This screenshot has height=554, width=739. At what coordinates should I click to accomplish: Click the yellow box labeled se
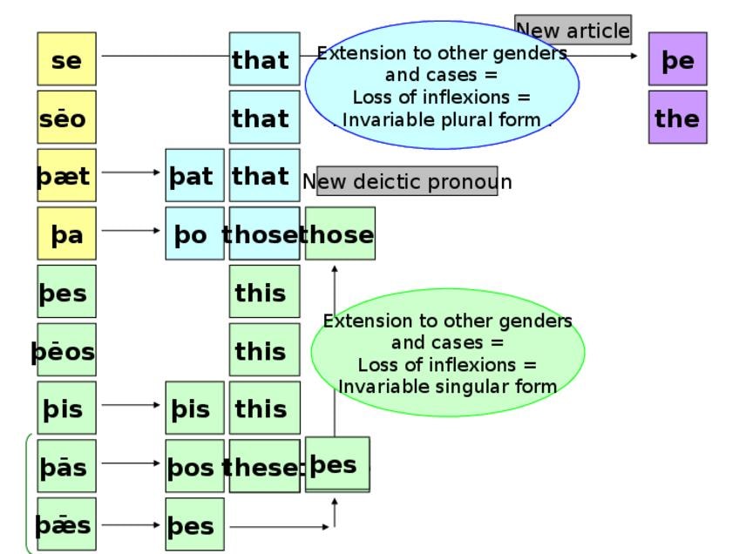[66, 59]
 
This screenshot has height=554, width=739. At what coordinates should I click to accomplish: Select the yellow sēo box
[66, 118]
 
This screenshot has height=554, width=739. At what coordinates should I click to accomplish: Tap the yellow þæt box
[66, 175]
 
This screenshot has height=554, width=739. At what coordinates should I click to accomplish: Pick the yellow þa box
[66, 233]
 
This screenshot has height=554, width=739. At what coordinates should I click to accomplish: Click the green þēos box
[66, 349]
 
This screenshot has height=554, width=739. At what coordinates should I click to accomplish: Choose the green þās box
[66, 466]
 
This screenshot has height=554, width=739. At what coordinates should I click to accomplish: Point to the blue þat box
[194, 175]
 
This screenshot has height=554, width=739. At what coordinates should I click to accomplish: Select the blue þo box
[194, 233]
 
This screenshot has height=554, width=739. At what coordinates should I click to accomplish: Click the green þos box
[194, 466]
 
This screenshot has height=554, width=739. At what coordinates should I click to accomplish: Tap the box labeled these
[264, 466]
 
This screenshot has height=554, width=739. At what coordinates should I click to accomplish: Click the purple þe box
[678, 59]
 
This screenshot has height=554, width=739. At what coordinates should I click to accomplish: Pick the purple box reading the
[678, 118]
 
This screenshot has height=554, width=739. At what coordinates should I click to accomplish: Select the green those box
[340, 233]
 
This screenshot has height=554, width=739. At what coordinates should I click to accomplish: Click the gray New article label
[573, 30]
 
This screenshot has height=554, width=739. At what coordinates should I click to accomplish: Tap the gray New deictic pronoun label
[407, 180]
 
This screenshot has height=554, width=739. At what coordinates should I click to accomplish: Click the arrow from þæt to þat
[131, 172]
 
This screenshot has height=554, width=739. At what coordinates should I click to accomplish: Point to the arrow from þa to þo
[131, 230]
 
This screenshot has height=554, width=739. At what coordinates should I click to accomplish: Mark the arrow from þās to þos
[131, 463]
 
